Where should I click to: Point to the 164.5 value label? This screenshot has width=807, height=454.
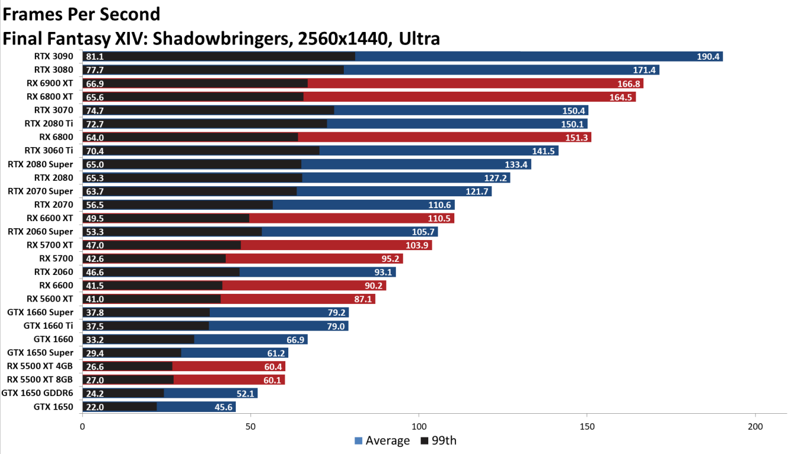point(621,98)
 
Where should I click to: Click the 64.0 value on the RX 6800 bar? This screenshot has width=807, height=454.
point(95,138)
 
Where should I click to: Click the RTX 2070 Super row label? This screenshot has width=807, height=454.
point(41,191)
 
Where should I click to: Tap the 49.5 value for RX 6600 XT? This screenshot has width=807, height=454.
point(95,219)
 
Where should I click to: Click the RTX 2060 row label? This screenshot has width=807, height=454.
point(54,272)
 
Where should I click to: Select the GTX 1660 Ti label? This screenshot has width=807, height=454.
point(48,326)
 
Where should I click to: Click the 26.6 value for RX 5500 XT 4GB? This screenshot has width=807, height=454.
point(95,367)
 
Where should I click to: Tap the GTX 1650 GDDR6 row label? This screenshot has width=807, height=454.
point(38,393)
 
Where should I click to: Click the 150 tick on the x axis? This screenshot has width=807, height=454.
point(587,426)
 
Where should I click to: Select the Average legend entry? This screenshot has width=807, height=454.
point(382,440)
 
